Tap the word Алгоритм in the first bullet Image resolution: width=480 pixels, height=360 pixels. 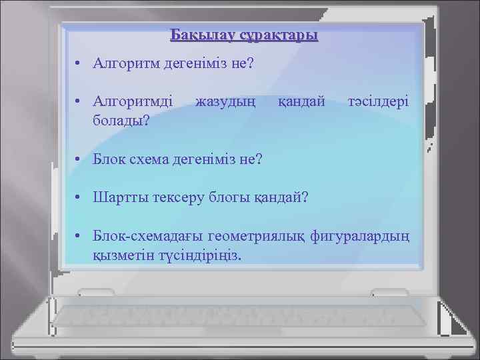tap(125, 64)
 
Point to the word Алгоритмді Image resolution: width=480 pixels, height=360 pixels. tap(133, 102)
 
